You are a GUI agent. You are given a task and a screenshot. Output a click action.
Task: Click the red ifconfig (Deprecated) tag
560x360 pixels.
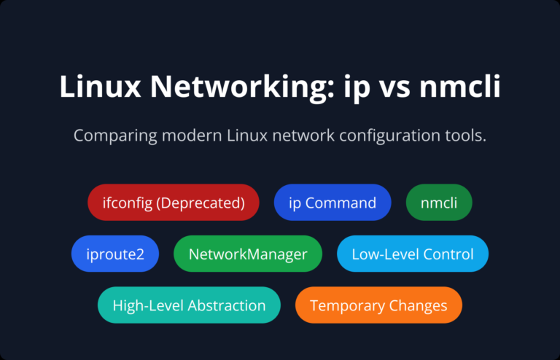[175, 203]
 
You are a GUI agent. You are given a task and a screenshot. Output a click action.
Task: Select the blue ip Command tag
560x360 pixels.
[332, 203]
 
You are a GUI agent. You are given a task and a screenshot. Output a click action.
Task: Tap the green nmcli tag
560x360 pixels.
[439, 203]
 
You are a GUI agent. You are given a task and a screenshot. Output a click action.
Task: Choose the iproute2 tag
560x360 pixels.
[114, 254]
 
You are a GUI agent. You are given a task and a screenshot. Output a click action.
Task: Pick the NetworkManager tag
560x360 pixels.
[248, 254]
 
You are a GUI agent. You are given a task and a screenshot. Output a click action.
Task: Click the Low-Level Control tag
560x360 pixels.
[413, 254]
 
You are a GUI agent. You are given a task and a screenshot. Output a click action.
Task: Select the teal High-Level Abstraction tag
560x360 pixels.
[189, 305]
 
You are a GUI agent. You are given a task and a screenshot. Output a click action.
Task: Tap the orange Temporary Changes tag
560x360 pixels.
[378, 305]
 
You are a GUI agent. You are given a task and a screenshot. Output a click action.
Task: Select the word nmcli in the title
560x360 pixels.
[462, 87]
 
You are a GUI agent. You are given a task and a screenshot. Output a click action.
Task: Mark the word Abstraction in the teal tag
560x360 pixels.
[225, 305]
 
